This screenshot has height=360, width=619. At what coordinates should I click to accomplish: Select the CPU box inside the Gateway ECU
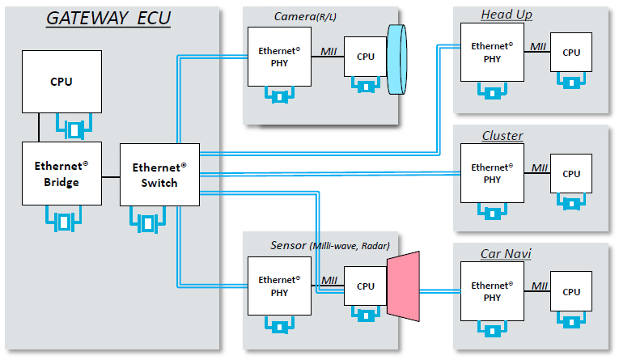click(61, 82)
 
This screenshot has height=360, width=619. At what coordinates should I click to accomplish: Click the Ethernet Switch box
click(159, 175)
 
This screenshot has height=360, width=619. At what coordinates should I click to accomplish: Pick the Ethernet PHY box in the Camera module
click(279, 55)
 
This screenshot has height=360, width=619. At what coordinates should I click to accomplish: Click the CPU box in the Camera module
click(365, 57)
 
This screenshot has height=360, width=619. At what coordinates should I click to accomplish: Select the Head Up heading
click(507, 15)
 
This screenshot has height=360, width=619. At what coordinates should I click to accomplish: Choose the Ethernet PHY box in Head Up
click(490, 52)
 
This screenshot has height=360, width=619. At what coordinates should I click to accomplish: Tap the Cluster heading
click(502, 135)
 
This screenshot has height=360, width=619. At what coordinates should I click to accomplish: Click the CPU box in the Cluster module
click(571, 173)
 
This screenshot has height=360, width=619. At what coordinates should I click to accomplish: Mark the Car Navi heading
click(506, 255)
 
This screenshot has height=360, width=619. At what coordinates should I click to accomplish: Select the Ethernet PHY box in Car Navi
click(490, 291)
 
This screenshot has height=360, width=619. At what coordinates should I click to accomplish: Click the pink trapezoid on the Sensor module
click(404, 284)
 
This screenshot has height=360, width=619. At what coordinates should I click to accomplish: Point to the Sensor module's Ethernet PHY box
click(279, 286)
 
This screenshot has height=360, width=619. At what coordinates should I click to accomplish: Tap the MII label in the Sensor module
click(329, 281)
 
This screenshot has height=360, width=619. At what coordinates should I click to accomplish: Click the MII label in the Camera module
click(328, 51)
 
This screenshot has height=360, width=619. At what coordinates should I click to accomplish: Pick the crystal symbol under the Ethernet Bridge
click(61, 219)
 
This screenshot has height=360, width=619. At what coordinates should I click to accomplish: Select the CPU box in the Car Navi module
click(571, 292)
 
